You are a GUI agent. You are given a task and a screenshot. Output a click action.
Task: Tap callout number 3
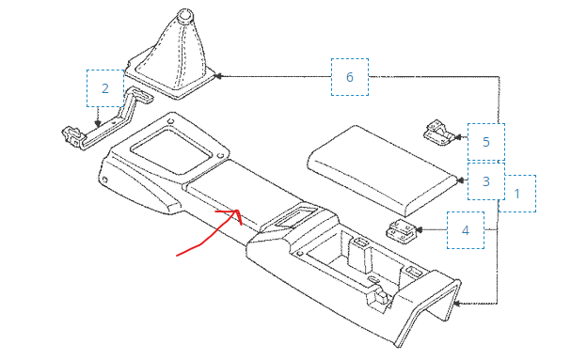(485, 181)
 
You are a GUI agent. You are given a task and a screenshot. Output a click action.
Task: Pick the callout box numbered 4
(465, 229)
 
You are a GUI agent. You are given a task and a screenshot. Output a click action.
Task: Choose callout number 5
(485, 142)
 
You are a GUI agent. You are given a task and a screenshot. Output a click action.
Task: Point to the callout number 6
(349, 77)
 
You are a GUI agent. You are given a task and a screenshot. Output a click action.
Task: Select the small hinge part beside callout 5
(437, 133)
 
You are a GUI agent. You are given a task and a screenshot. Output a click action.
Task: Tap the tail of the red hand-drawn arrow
(179, 254)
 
